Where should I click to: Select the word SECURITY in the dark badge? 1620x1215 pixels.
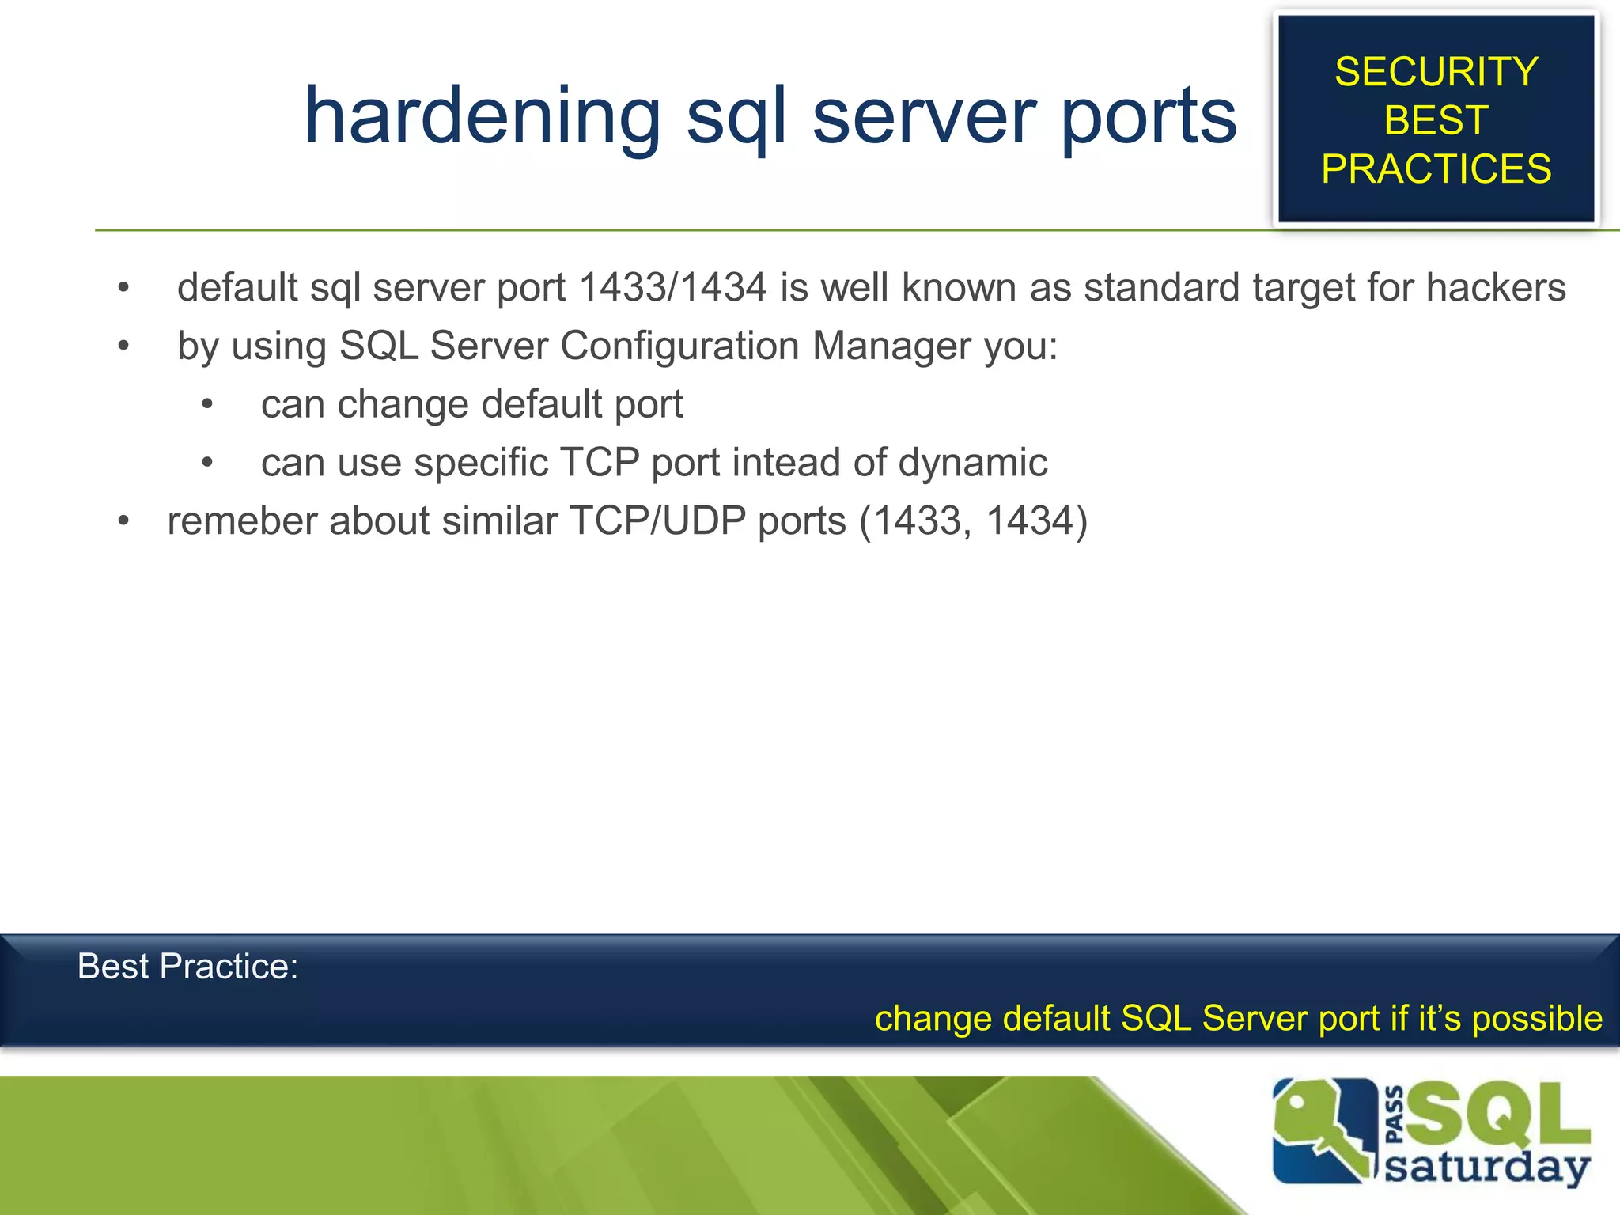(1436, 72)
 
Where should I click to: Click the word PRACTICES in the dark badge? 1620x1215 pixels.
(1436, 168)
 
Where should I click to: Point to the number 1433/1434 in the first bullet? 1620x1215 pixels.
(673, 287)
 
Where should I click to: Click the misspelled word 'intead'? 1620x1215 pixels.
(793, 462)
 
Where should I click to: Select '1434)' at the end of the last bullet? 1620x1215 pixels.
(1037, 520)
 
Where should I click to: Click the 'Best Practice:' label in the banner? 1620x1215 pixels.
(187, 966)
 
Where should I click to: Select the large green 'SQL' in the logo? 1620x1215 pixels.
(1497, 1115)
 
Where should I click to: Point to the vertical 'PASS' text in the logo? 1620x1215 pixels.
(1395, 1115)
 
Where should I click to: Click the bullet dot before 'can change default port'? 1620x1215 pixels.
(207, 404)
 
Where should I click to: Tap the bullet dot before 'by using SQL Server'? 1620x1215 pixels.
(123, 346)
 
